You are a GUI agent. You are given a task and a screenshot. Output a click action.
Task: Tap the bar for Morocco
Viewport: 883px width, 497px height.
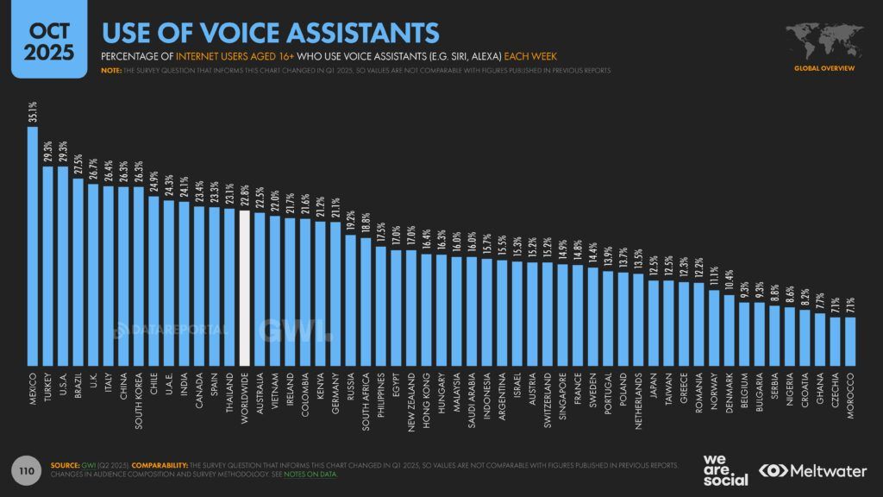(849, 341)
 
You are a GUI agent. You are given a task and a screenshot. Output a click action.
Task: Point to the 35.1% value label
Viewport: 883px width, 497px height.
(34, 114)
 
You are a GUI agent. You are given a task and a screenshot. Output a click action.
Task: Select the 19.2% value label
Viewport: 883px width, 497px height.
(350, 220)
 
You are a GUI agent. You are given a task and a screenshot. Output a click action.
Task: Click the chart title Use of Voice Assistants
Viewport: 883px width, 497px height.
(270, 32)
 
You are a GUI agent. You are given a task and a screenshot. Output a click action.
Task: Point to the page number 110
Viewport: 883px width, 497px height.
(27, 470)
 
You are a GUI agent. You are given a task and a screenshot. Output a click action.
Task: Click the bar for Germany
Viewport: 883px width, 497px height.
(335, 293)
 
